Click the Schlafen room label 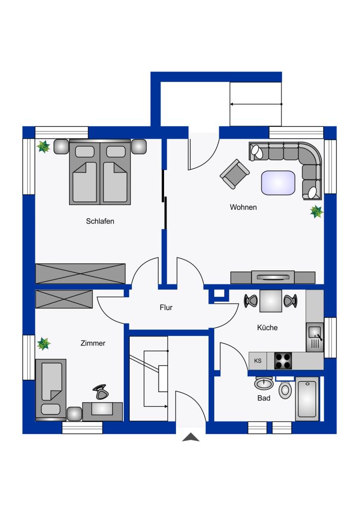[100, 221]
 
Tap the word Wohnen [243, 207]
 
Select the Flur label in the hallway [166, 307]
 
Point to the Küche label [267, 328]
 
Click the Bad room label [264, 398]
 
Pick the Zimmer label [93, 343]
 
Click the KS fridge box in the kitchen [258, 361]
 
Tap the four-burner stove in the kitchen [283, 361]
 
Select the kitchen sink [315, 337]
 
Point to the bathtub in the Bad [307, 399]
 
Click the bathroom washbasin [264, 383]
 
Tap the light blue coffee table [278, 183]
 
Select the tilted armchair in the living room [235, 173]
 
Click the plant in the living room [317, 212]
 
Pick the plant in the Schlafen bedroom [43, 147]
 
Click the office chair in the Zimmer [100, 392]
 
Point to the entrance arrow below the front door [190, 437]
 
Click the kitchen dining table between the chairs [270, 301]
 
